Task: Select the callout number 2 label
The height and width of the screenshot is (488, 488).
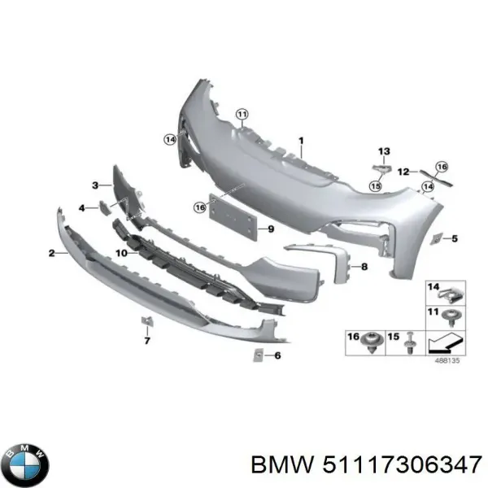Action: (52, 254)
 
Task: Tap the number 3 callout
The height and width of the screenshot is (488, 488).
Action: (95, 185)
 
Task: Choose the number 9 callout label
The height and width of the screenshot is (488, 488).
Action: (272, 230)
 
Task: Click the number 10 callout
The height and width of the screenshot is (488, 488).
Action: (120, 254)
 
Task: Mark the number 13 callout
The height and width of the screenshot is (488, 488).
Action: (384, 151)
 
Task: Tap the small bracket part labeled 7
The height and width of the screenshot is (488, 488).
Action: (147, 320)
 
